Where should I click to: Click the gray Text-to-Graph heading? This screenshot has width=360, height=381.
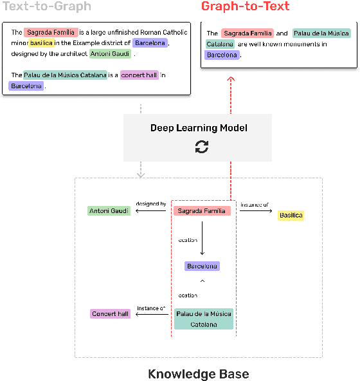(x=47, y=7)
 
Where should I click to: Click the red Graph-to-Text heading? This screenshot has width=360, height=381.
(x=245, y=7)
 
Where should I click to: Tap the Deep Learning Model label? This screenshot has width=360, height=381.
(x=199, y=128)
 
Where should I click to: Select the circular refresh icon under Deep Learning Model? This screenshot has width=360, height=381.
(x=202, y=147)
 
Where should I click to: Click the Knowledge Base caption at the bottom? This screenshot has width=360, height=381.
(x=198, y=374)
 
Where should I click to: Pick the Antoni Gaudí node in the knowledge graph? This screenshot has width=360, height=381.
(x=109, y=210)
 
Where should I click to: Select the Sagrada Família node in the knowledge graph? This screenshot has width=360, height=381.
(x=202, y=210)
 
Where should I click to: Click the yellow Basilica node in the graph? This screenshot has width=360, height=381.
(x=291, y=216)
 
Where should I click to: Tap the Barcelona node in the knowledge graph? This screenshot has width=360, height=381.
(x=202, y=266)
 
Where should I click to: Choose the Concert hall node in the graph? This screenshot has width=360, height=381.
(x=110, y=314)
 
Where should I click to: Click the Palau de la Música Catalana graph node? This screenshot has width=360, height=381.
(x=204, y=319)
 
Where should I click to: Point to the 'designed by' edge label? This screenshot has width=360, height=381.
(x=151, y=204)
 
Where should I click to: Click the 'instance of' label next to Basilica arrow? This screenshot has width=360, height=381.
(x=255, y=205)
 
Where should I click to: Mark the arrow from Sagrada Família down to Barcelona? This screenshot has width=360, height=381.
(x=202, y=238)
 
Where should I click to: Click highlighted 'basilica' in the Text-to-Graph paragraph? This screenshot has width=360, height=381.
(x=41, y=43)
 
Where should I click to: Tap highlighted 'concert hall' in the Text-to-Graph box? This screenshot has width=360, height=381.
(x=139, y=75)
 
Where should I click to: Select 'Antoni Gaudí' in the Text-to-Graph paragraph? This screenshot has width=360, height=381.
(x=111, y=54)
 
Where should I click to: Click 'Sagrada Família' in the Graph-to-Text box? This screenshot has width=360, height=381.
(x=247, y=33)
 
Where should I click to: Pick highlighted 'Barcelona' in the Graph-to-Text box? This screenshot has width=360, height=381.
(x=222, y=55)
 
